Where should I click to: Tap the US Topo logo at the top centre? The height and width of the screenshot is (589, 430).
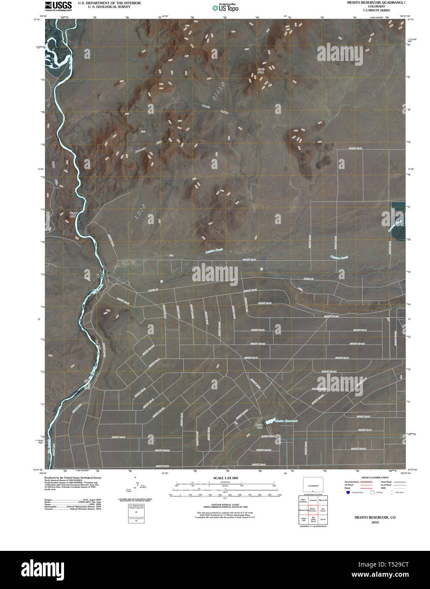tap(225, 7)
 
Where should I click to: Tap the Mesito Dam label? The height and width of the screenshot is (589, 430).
tap(259, 425)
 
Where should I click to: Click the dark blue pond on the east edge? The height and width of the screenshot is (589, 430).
tap(397, 221)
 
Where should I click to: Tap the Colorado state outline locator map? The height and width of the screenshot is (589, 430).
tap(313, 486)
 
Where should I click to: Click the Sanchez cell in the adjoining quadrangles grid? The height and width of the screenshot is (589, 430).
tap(323, 510)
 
